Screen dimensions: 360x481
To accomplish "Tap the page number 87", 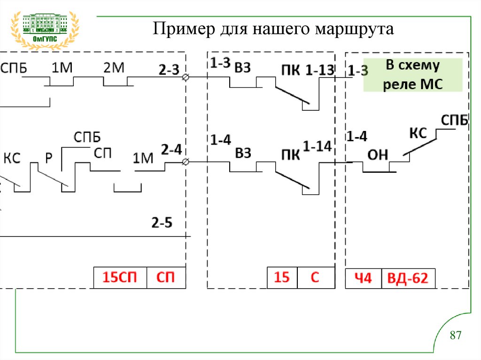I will pos(456,336).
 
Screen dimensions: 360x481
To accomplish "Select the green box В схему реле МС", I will pos(413,75).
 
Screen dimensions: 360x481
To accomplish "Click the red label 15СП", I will pos(120,277).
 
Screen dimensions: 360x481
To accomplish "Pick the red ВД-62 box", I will pos(407,279).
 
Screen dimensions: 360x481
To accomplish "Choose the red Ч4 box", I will pos(362,279).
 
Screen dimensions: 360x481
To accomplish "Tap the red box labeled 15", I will pos(282,277).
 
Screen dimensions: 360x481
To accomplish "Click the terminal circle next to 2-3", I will pos(186,77).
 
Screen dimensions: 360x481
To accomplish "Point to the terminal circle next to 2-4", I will pos(186,162).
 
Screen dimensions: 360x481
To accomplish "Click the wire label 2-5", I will pos(162,222).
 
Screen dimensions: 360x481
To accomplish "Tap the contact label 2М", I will pos(113,68).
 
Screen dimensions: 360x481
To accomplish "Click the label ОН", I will pos(377,155).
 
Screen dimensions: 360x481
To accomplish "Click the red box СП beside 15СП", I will pos(165,277).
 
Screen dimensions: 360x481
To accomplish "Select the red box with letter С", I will pos(315,277).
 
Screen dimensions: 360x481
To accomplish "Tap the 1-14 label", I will pos(318,146).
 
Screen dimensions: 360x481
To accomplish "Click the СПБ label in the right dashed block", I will pos(454,120).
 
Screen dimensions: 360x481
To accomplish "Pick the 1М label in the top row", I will pos(61,68).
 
